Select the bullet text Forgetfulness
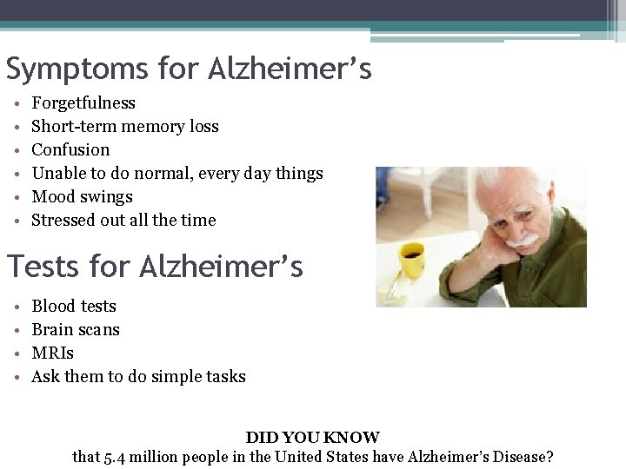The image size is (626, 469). pos(83,103)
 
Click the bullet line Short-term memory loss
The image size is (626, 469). pos(125,127)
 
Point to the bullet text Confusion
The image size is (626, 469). pos(70,150)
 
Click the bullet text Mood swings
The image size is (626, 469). pos(82,197)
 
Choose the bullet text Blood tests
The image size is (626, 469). pos(74,307)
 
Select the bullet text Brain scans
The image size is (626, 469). pos(76,330)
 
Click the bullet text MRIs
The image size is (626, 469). pos(52,353)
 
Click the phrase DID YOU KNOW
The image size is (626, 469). pos(312,438)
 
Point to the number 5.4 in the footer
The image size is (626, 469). pos(119,457)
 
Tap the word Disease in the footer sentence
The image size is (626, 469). pos(519,457)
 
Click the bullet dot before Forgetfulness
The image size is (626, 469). pos(18,104)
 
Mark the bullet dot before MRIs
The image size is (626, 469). pos(18,354)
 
